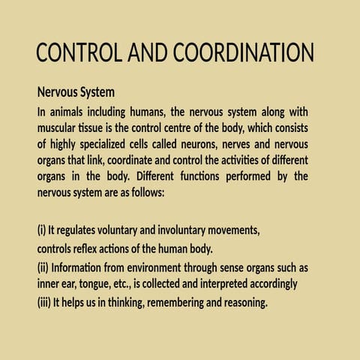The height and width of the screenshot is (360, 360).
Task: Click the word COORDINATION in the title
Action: (243, 54)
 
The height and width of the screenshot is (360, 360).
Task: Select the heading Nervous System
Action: (76, 94)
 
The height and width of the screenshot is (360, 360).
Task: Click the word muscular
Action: (58, 127)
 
